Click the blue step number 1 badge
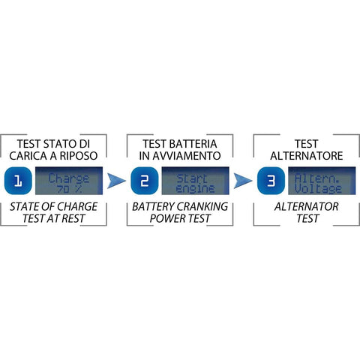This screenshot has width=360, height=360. pos(18,181)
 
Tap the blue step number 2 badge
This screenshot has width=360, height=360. pos(145,181)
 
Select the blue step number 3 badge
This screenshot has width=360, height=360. pos(271,181)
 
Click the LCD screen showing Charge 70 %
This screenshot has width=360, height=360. pos(69,181)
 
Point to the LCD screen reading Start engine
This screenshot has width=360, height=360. pos(195,181)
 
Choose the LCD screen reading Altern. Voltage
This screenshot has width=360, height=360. pos(322,181)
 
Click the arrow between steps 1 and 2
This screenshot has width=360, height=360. pos(116,181)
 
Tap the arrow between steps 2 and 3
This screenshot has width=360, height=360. pos(243,181)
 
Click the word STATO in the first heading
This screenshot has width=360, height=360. pos(59,144)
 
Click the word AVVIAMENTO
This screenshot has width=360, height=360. pos(187,156)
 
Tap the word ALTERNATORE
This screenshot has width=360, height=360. pos(307,156)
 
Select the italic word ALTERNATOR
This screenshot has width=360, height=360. pos(307,207)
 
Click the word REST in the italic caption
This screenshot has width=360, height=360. pos(73,219)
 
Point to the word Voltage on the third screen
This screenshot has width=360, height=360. pos(318,189)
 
